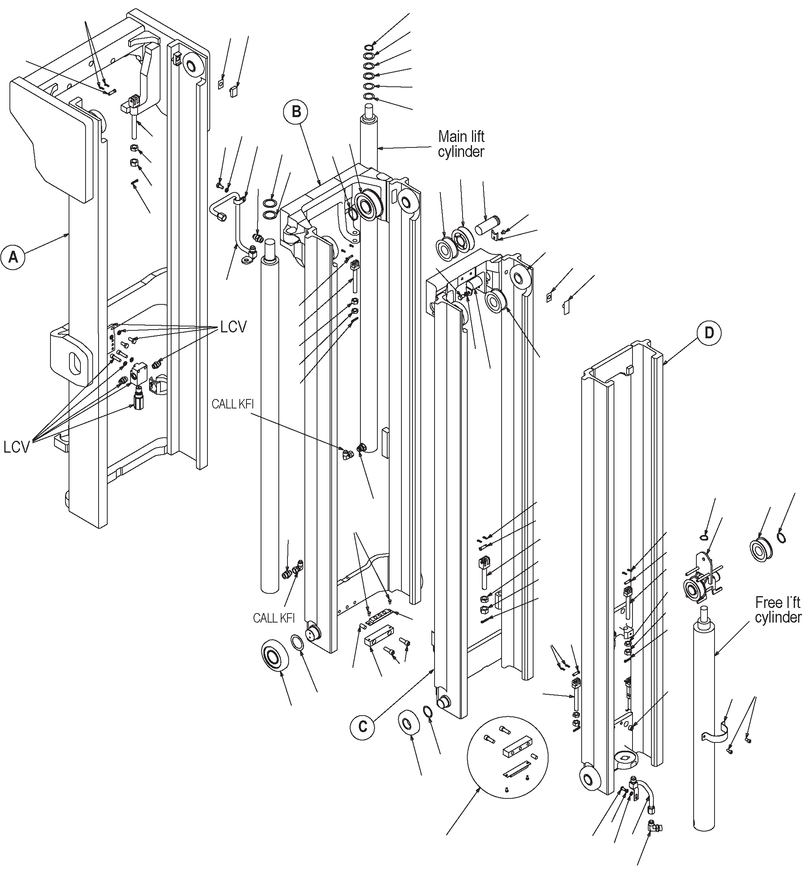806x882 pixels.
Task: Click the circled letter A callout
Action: pos(13,257)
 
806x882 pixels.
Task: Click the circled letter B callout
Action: pos(296,112)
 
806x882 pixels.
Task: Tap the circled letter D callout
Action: pos(709,333)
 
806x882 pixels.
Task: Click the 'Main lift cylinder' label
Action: pos(461,144)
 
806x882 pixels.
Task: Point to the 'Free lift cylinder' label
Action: pos(778,610)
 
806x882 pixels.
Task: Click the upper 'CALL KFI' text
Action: pos(232,404)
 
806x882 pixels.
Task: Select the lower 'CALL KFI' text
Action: pos(274,618)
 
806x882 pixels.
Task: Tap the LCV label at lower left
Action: pos(16,447)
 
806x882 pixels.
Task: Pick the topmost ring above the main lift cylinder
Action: pos(368,47)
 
